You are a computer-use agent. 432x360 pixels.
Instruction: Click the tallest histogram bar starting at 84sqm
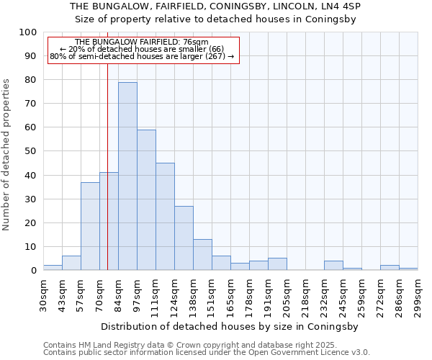click(127, 176)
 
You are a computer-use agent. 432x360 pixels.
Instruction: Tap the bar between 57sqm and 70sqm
click(90, 226)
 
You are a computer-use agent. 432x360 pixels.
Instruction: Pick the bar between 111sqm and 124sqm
click(165, 217)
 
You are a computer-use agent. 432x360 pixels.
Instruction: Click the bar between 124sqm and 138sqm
click(184, 238)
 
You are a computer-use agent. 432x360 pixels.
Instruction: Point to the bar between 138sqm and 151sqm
click(202, 255)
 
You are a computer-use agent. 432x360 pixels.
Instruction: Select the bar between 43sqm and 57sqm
click(71, 263)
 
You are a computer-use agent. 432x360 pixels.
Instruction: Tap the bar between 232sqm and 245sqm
click(333, 266)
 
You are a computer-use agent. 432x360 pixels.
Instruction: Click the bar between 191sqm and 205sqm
click(277, 264)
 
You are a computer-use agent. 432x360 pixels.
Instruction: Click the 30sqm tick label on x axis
click(44, 294)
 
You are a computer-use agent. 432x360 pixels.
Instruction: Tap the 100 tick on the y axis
click(27, 32)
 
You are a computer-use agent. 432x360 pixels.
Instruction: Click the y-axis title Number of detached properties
click(6, 155)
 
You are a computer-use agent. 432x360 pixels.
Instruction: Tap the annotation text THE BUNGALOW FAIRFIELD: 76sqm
click(142, 42)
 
